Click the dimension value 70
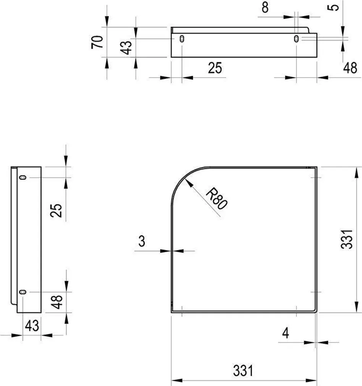pyautogui.click(x=97, y=42)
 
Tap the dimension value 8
pyautogui.click(x=265, y=7)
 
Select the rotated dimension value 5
pyautogui.click(x=333, y=7)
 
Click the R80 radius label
pyautogui.click(x=217, y=198)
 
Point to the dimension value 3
pyautogui.click(x=142, y=241)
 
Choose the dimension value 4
pyautogui.click(x=286, y=333)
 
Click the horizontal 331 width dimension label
pyautogui.click(x=243, y=371)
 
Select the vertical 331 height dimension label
pyautogui.click(x=347, y=239)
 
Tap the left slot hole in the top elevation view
pyautogui.click(x=182, y=39)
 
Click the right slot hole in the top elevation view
pyautogui.click(x=296, y=39)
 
